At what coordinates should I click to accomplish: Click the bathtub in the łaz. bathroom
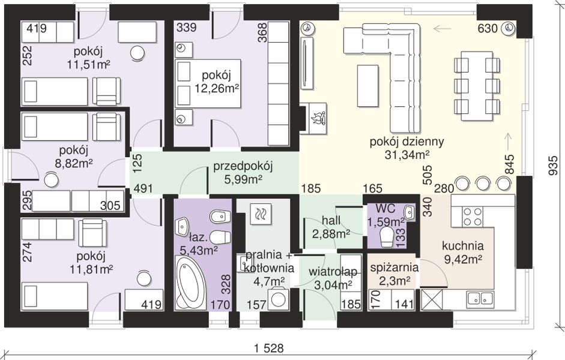[x=190, y=283]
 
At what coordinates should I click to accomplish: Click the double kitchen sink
[x=480, y=298]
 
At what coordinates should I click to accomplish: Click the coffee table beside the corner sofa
[x=367, y=86]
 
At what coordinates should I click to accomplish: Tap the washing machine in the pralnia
[x=279, y=299]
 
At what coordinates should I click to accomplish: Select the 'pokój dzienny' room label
[x=407, y=142]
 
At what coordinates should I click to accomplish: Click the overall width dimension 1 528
[x=269, y=349]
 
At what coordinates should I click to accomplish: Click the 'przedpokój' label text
[x=243, y=167]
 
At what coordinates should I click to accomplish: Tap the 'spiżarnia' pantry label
[x=394, y=268]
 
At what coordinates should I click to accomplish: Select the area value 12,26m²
[x=217, y=88]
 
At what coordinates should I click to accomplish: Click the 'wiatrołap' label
[x=333, y=271]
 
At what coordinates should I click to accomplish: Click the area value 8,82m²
[x=74, y=163]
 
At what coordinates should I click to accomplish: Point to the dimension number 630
[x=488, y=28]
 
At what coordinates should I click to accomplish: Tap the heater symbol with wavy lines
[x=261, y=214]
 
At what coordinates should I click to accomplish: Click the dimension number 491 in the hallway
[x=143, y=188]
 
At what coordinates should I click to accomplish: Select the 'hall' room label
[x=331, y=220]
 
